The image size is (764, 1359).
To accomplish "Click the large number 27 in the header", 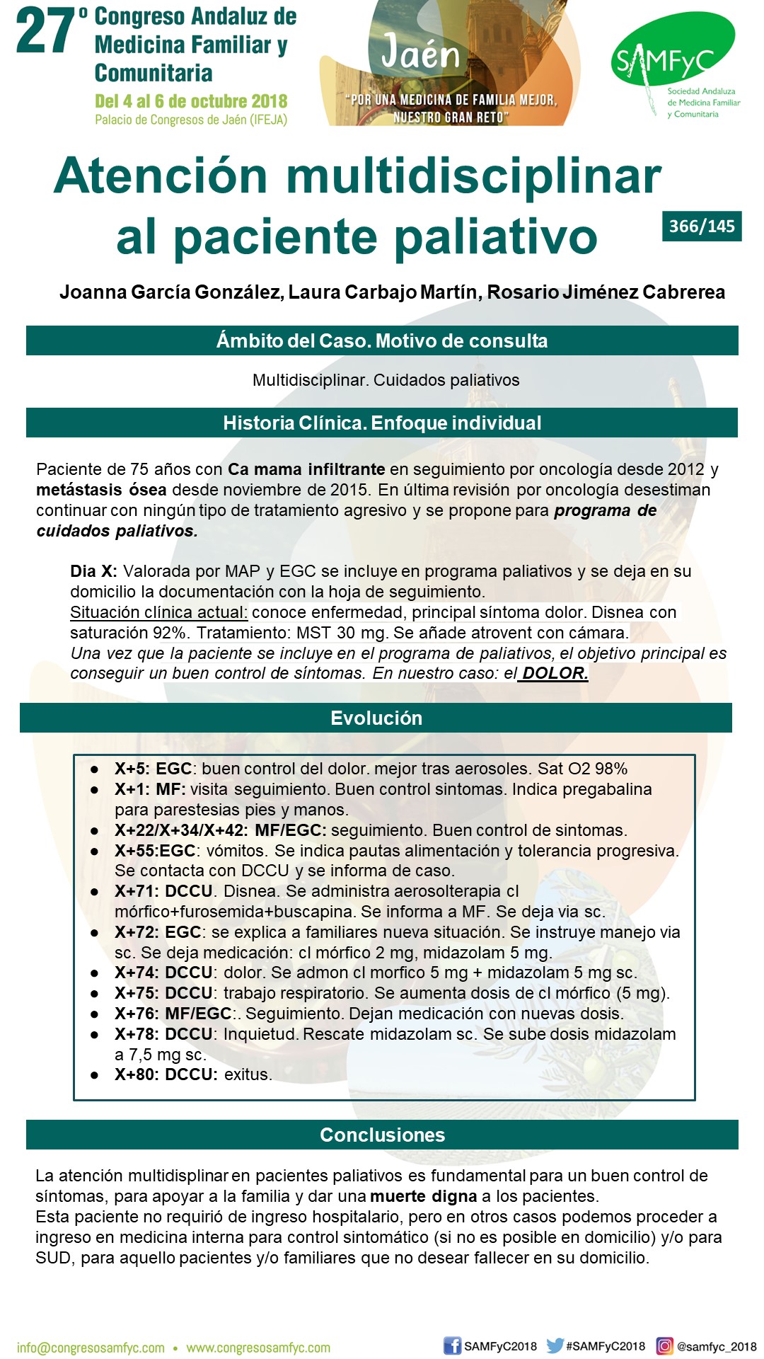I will pyautogui.click(x=46, y=32).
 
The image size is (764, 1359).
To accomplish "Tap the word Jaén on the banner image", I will pyautogui.click(x=420, y=54).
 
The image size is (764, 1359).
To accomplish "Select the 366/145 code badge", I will pyautogui.click(x=702, y=226).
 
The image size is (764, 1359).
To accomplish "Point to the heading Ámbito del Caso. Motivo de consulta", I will pyautogui.click(x=382, y=341).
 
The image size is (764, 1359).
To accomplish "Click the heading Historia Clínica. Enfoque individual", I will pyautogui.click(x=382, y=423).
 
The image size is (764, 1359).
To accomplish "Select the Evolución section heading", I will pyautogui.click(x=376, y=718).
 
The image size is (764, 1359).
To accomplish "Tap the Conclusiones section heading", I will pyautogui.click(x=382, y=1135).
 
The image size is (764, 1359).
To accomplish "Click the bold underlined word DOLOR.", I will pyautogui.click(x=555, y=673).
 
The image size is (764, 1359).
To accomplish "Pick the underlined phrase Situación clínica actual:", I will pyautogui.click(x=158, y=612).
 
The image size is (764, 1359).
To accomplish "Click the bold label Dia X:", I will pyautogui.click(x=93, y=571).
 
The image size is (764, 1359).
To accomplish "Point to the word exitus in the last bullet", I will pyautogui.click(x=248, y=1074).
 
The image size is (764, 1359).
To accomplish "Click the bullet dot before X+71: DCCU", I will pyautogui.click(x=95, y=892).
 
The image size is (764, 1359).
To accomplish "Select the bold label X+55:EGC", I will pyautogui.click(x=155, y=851).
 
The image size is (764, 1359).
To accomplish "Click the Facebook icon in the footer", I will pyautogui.click(x=452, y=1346).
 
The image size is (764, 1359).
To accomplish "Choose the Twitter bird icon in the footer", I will pyautogui.click(x=555, y=1346).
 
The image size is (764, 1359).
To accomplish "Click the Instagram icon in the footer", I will pyautogui.click(x=664, y=1346).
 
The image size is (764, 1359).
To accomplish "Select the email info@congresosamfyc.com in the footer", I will pyautogui.click(x=91, y=1348).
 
